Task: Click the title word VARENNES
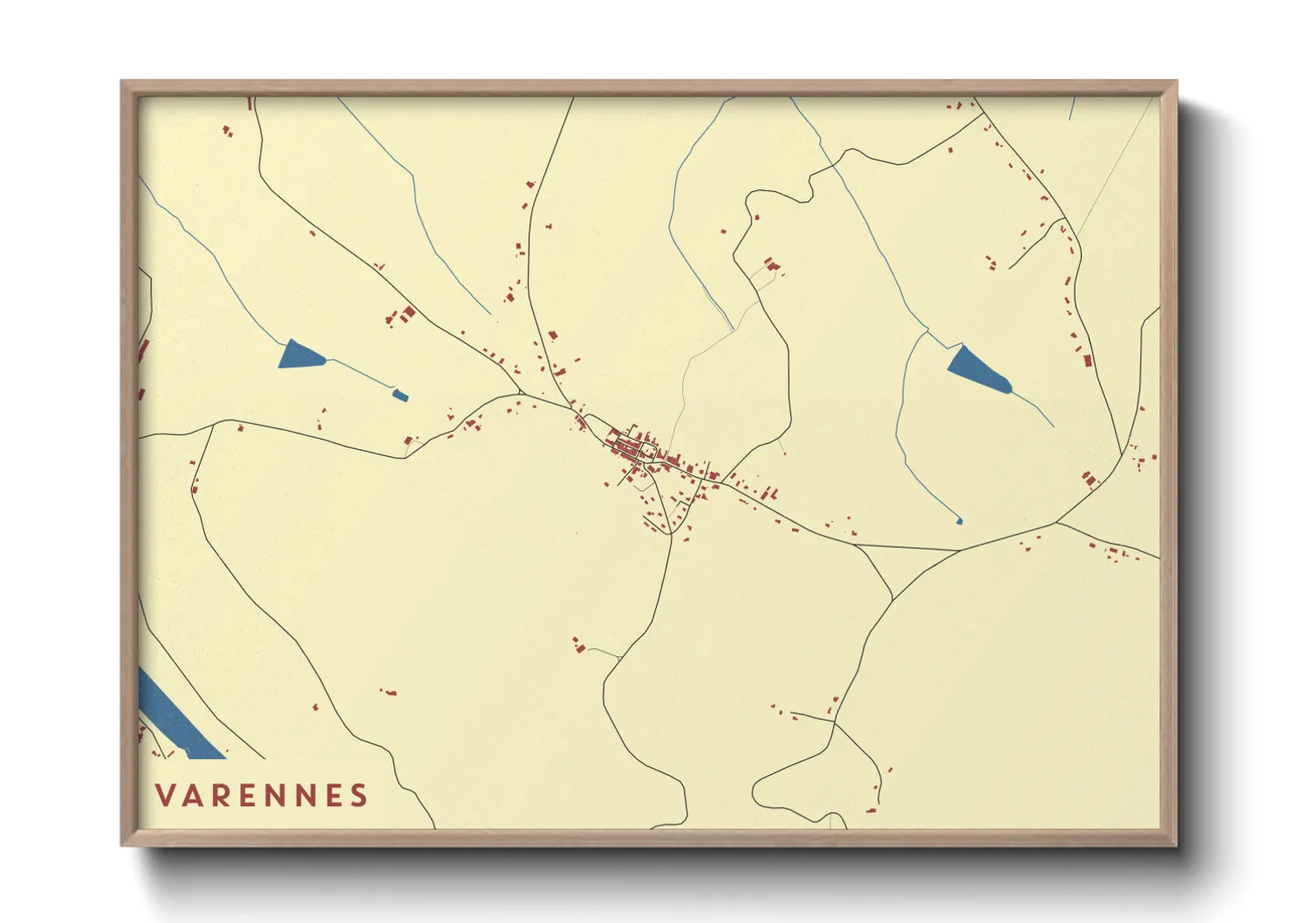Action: (262, 796)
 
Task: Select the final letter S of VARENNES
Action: (359, 796)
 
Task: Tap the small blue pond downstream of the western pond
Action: (400, 396)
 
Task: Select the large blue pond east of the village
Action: (977, 369)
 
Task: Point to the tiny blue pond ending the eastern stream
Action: (960, 521)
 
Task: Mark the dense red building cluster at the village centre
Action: (632, 447)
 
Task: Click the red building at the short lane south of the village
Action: (577, 645)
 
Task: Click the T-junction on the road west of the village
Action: (212, 427)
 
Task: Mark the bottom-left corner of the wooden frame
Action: (123, 844)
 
